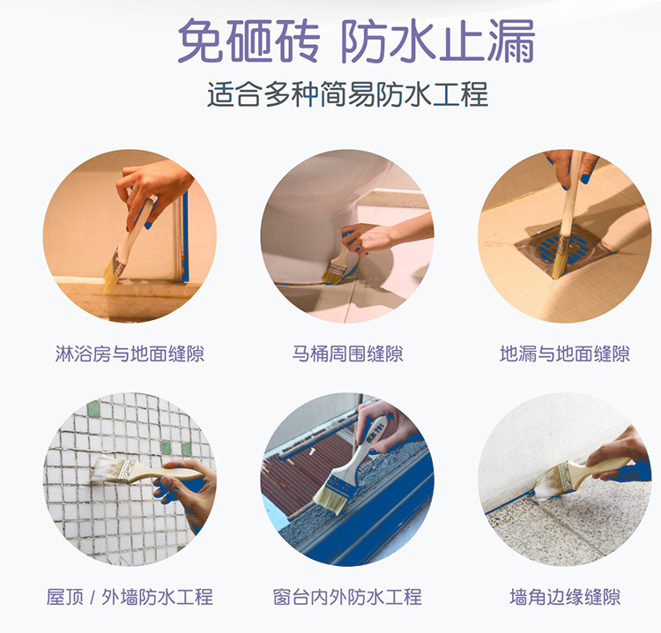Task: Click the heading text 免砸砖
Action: pos(249,41)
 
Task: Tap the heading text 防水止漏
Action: pos(438,41)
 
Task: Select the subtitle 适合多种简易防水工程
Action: pos(348,93)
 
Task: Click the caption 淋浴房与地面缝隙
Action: pos(130,354)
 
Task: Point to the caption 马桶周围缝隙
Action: pos(348,354)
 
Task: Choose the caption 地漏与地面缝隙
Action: pos(565,354)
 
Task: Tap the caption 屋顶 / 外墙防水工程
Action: pos(130,597)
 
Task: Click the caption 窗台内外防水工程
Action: pos(348,597)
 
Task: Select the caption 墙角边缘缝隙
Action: pos(565,597)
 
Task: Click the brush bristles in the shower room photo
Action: pos(111,275)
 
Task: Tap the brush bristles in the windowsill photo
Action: pos(330,500)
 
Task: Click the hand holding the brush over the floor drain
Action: pos(573,168)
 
